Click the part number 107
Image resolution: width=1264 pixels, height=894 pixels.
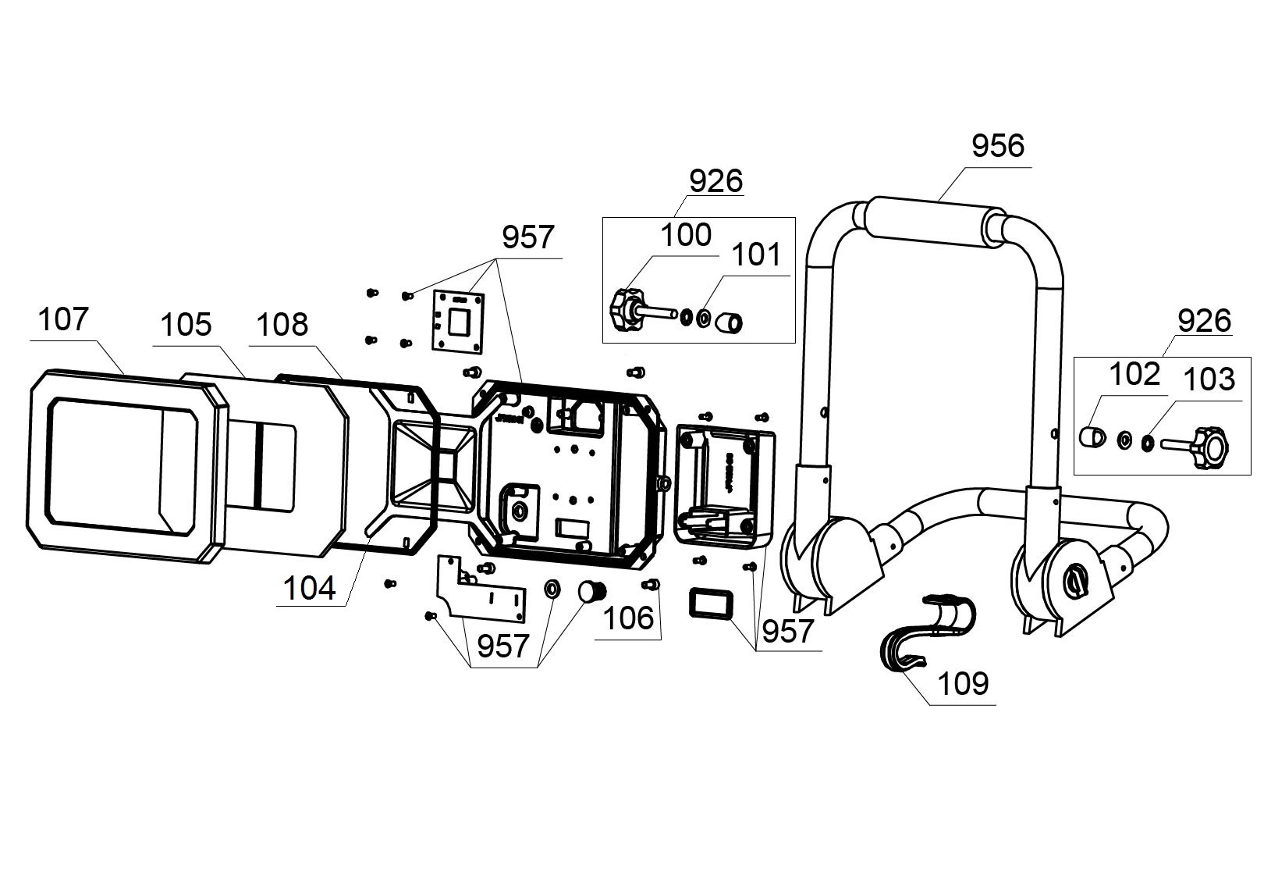pos(63,320)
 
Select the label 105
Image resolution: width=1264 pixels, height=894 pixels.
pos(186,325)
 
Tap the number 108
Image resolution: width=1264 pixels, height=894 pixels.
pos(282,325)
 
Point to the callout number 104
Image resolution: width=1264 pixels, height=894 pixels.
pos(310,588)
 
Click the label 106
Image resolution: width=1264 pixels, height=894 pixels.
pos(628,618)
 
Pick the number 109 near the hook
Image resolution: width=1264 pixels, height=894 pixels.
pos(963,684)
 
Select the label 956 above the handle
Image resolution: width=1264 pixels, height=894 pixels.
pos(998,146)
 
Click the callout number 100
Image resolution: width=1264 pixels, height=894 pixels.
pos(686,235)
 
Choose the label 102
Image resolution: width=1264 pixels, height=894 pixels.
pos(1134,375)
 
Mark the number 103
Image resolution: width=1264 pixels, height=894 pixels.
pos(1209,379)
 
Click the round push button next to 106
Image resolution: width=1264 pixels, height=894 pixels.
pos(591,591)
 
